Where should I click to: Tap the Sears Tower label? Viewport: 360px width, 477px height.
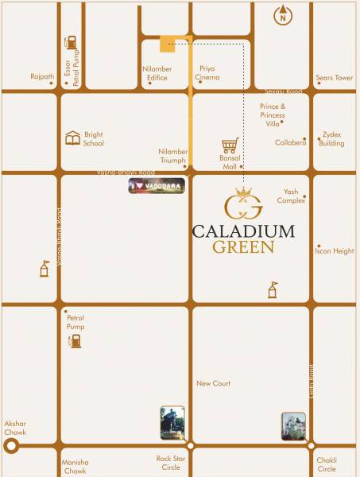pyautogui.click(x=334, y=78)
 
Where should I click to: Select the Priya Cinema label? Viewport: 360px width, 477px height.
pyautogui.click(x=207, y=73)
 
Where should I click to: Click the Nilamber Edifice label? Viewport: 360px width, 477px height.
pyautogui.click(x=157, y=73)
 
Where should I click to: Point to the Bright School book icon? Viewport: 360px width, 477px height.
pyautogui.click(x=73, y=138)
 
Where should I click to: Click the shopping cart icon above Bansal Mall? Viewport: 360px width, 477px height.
pyautogui.click(x=230, y=145)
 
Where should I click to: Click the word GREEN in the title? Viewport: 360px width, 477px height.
pyautogui.click(x=243, y=247)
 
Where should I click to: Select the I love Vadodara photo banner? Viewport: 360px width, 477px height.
pyautogui.click(x=157, y=186)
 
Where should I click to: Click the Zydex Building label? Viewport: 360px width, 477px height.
pyautogui.click(x=331, y=139)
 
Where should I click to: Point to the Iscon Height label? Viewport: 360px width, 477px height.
pyautogui.click(x=334, y=251)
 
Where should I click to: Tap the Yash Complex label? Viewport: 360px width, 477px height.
pyautogui.click(x=292, y=196)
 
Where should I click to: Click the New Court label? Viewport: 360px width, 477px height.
pyautogui.click(x=213, y=383)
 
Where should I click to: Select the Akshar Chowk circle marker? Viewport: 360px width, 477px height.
pyautogui.click(x=11, y=446)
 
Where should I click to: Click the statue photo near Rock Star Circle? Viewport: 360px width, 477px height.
pyautogui.click(x=172, y=423)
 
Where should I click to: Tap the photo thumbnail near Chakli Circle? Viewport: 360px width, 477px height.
pyautogui.click(x=292, y=427)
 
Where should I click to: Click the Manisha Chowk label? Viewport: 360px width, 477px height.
pyautogui.click(x=75, y=467)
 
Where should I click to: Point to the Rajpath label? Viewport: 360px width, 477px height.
pyautogui.click(x=42, y=77)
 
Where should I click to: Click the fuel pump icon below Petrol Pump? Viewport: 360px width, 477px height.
pyautogui.click(x=75, y=340)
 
